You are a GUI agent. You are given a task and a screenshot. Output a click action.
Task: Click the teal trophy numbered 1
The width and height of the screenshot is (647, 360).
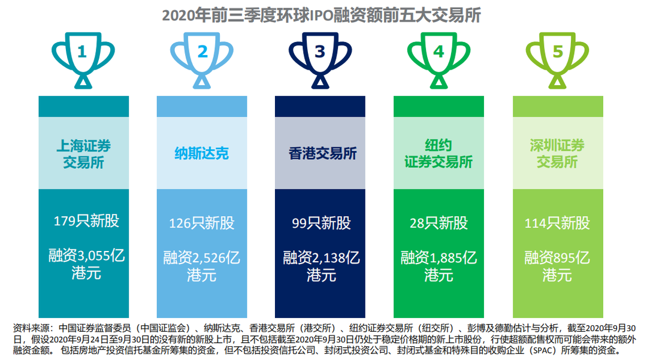(x=83, y=78)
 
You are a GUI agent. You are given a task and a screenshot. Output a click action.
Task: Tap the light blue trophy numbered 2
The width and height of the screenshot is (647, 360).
(x=202, y=78)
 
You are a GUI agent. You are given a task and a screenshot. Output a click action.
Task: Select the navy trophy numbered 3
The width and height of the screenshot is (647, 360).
(x=320, y=78)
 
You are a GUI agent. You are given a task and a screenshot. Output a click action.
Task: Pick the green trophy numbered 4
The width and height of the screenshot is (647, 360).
(x=439, y=78)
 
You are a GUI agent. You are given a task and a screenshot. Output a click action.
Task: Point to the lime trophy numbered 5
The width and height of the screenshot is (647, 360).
(x=558, y=78)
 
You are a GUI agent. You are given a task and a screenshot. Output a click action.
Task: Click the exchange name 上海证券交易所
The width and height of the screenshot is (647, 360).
(x=84, y=154)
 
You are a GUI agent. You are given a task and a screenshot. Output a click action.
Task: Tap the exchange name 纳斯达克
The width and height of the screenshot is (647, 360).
(x=202, y=153)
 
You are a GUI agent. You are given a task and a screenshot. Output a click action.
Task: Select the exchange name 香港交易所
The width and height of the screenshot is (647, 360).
(x=323, y=153)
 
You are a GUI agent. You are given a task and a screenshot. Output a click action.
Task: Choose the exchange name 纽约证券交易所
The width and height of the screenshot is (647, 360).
(x=439, y=153)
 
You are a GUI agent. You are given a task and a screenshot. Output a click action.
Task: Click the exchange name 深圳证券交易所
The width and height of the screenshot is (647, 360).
(x=558, y=153)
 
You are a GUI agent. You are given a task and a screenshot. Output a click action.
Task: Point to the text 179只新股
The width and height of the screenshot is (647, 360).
(x=86, y=220)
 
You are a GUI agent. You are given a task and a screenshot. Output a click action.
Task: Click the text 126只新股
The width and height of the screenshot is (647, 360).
(x=202, y=223)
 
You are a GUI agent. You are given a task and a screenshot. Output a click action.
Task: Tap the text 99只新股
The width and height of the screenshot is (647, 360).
(x=322, y=223)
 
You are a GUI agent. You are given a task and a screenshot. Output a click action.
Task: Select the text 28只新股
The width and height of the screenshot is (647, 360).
(x=439, y=223)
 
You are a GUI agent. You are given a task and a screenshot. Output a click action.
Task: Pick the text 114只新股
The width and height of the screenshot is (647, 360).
(x=558, y=223)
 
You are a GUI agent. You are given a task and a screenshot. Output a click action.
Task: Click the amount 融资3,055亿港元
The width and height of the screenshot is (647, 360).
(x=86, y=264)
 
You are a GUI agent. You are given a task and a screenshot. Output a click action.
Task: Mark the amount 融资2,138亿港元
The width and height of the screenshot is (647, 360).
(x=322, y=266)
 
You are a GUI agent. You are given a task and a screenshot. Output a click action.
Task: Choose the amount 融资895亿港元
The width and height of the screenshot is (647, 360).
(x=558, y=266)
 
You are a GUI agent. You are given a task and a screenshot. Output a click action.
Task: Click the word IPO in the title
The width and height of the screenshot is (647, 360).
(x=322, y=16)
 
